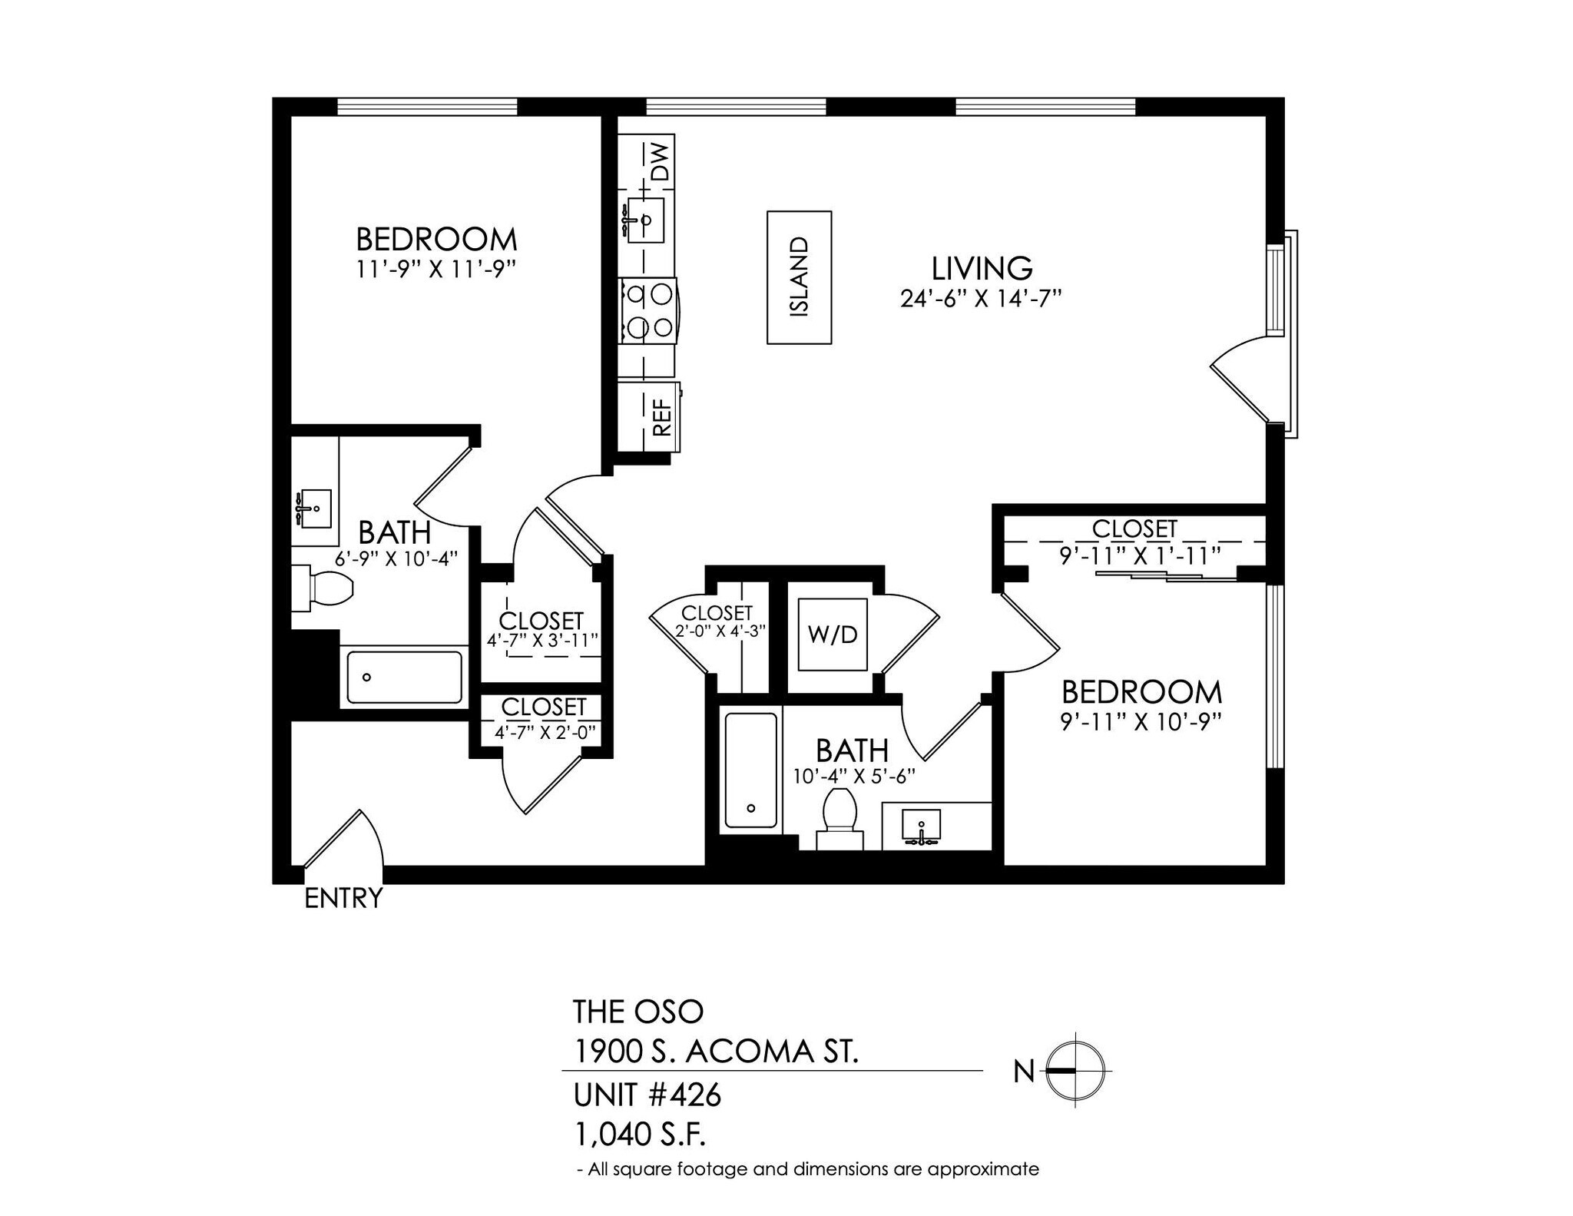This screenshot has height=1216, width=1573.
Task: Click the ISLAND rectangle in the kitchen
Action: pyautogui.click(x=799, y=277)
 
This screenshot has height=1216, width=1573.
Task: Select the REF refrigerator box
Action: pyautogui.click(x=661, y=417)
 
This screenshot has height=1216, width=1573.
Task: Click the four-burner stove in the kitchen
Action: pyautogui.click(x=649, y=310)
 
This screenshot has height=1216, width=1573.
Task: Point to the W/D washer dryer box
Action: pyautogui.click(x=833, y=635)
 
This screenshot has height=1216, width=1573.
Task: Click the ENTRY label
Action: pyautogui.click(x=343, y=898)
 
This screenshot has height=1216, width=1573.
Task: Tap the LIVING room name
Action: pyautogui.click(x=982, y=269)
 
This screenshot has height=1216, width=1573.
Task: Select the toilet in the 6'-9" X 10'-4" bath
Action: pyautogui.click(x=324, y=588)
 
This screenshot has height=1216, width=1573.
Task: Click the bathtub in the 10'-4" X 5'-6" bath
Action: pyautogui.click(x=750, y=770)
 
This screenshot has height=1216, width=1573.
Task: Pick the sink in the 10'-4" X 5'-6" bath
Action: pyautogui.click(x=922, y=827)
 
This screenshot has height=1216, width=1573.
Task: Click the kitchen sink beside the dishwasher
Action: pyautogui.click(x=645, y=220)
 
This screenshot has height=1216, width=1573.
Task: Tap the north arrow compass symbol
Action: pyautogui.click(x=1075, y=1070)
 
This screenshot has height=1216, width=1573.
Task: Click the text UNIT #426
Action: pyautogui.click(x=647, y=1096)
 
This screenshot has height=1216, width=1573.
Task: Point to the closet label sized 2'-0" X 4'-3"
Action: pyautogui.click(x=717, y=613)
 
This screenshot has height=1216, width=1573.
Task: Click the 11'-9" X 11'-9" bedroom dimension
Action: pyautogui.click(x=436, y=270)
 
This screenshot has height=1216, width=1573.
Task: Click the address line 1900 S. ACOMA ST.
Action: pyautogui.click(x=716, y=1052)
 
